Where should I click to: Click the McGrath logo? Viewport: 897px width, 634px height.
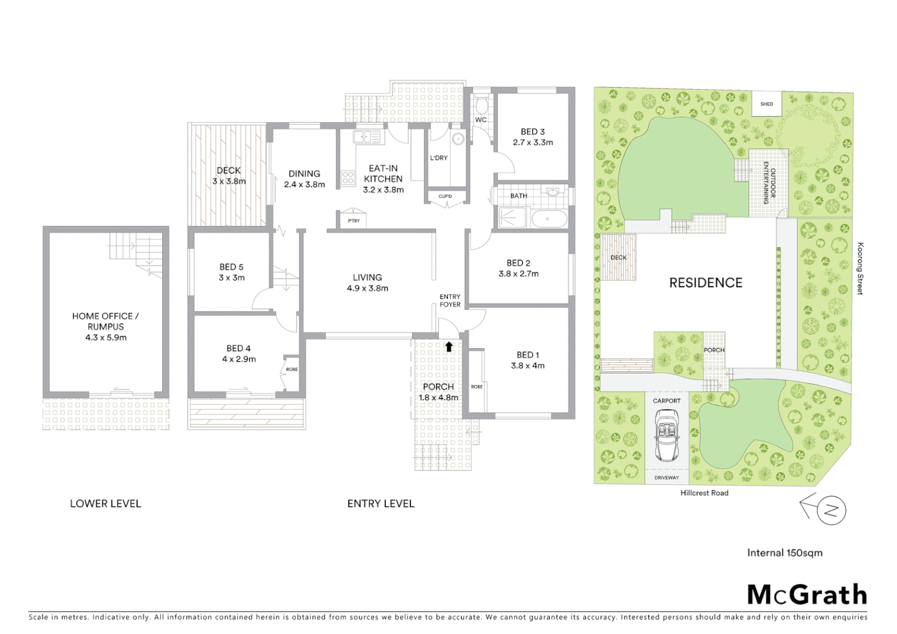(807, 595)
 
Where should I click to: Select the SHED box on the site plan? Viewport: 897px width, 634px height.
(767, 104)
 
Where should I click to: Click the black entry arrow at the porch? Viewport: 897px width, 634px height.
(449, 346)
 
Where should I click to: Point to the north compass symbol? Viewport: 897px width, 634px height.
(830, 510)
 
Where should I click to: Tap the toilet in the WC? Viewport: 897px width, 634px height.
(481, 106)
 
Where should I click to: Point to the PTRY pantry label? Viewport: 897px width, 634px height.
(353, 221)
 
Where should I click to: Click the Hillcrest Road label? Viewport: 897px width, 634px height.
(704, 493)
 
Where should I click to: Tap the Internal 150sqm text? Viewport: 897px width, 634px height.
(784, 552)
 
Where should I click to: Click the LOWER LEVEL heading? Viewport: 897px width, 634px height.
(106, 503)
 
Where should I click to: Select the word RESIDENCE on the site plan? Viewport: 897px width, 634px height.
(706, 283)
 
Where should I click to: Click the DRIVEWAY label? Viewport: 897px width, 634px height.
(666, 478)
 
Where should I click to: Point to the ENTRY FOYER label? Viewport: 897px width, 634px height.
(450, 301)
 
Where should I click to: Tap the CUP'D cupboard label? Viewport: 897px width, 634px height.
(445, 196)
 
